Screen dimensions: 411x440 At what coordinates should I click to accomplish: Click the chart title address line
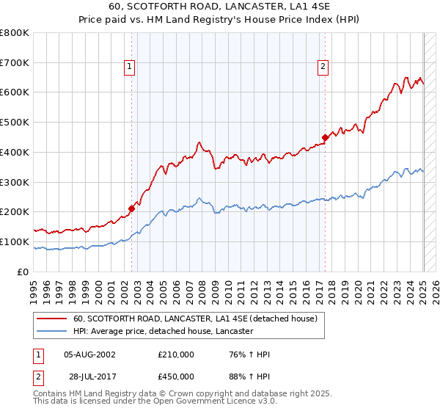click(219, 8)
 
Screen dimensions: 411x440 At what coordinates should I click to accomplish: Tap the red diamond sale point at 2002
click(132, 208)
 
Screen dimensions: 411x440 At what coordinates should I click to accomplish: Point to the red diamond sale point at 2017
click(325, 137)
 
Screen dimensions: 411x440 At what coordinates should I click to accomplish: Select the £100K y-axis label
click(15, 241)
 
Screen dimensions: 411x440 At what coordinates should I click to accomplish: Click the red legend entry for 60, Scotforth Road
click(194, 319)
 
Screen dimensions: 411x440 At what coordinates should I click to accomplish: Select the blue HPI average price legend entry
click(163, 332)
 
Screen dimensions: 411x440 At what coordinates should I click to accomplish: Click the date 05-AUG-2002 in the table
click(89, 354)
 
